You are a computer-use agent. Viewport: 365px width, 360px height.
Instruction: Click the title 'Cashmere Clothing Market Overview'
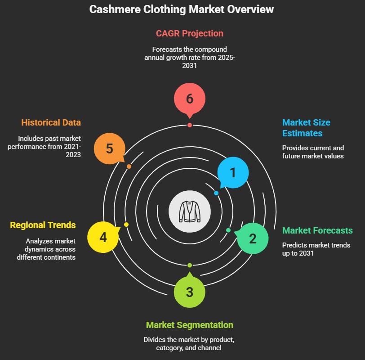tap(182, 9)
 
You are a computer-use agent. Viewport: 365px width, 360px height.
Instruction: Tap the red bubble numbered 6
tap(189, 99)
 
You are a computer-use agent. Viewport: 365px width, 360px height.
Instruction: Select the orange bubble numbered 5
tap(109, 148)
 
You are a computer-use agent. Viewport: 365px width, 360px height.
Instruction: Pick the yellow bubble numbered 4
tap(103, 237)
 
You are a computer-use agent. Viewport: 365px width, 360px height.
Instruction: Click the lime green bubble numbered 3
tap(189, 292)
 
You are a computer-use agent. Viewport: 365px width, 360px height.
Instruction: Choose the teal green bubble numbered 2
tap(252, 238)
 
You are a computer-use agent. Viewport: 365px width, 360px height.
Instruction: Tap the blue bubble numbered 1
tap(232, 172)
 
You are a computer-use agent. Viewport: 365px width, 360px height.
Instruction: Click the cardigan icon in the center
tap(189, 211)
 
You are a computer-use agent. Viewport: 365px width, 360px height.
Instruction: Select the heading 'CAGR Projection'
tap(189, 33)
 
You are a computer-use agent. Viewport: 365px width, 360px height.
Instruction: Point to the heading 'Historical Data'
tap(51, 122)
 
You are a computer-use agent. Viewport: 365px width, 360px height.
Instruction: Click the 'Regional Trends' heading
tap(43, 225)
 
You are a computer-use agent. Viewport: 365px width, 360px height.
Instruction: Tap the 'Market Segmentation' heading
tap(189, 325)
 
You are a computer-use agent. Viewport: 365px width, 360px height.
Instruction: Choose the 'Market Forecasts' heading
tap(317, 230)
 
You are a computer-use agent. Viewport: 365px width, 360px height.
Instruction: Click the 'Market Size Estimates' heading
tap(306, 128)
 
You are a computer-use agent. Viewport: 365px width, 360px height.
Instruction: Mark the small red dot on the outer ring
tap(189, 125)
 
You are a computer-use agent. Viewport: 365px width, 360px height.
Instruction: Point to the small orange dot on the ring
tap(129, 166)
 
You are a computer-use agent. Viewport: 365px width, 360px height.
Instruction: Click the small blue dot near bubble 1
tap(216, 193)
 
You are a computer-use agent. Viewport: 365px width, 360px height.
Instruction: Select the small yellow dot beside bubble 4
tap(126, 225)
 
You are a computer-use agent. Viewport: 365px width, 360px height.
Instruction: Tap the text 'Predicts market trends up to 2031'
tap(316, 249)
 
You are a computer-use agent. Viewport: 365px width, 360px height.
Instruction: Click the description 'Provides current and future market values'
tap(313, 152)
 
